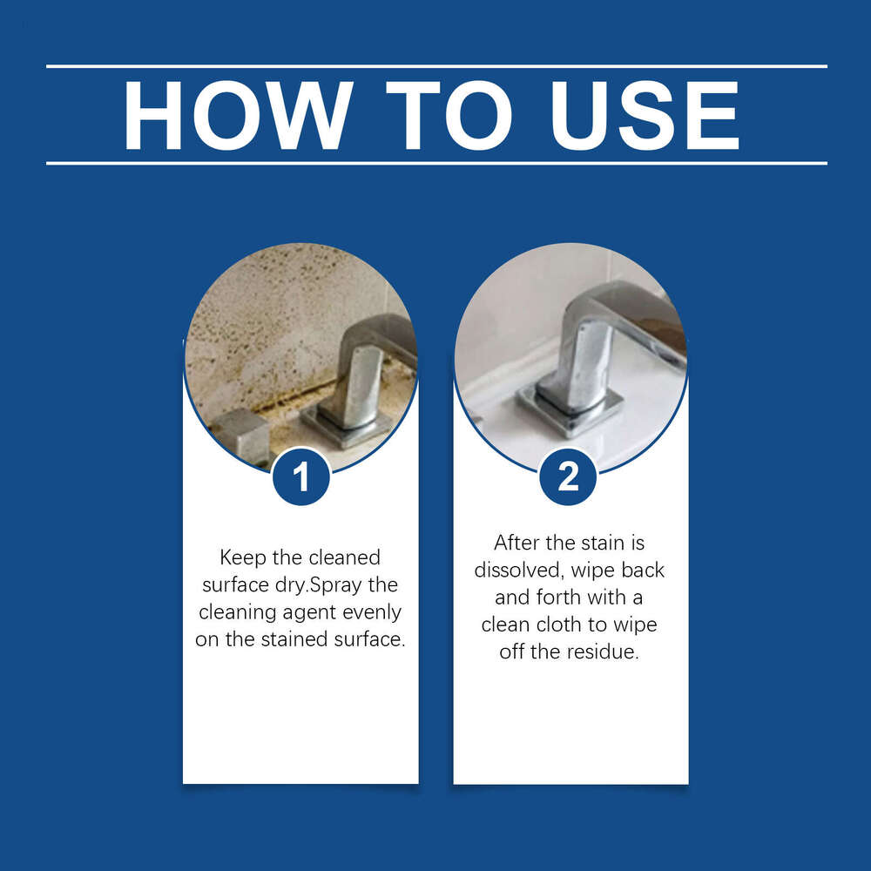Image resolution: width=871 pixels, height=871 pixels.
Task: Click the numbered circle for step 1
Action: coord(301,476)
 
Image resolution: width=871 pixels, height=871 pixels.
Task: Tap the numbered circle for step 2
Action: coord(568,476)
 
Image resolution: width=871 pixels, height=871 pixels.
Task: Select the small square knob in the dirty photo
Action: coord(240,433)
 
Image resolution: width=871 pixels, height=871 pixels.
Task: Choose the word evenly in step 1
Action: coord(375,612)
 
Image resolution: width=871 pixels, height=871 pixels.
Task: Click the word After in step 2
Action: coord(517,543)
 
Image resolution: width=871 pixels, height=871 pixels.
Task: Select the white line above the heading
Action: coord(435,66)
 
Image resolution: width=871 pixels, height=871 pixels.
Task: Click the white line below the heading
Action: coord(435,163)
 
